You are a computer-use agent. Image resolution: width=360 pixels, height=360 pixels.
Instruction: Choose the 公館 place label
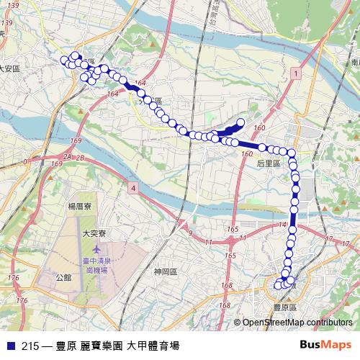63,276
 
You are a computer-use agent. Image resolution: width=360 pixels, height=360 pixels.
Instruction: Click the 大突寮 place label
94,233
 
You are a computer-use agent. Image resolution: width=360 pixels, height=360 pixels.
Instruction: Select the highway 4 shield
133,187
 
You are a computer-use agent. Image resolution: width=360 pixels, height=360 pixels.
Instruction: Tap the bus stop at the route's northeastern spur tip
240,122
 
